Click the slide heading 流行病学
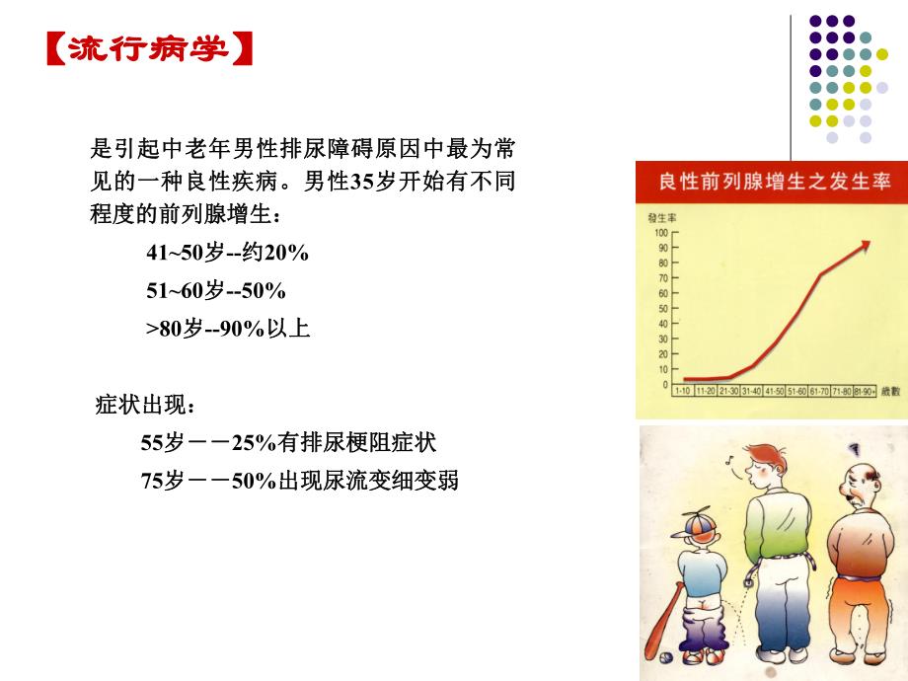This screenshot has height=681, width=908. pyautogui.click(x=148, y=49)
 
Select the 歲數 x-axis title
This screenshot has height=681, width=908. pyautogui.click(x=891, y=392)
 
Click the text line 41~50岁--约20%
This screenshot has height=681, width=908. pyautogui.click(x=228, y=254)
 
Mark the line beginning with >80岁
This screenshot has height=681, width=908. pyautogui.click(x=228, y=329)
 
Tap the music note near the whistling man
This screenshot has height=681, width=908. pyautogui.click(x=729, y=460)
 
